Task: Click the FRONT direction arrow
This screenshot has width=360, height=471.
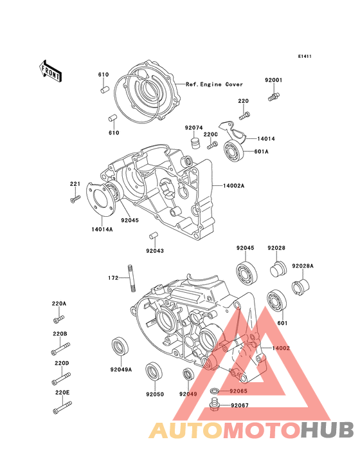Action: click(50, 71)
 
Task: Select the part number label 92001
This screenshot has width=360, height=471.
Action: click(273, 80)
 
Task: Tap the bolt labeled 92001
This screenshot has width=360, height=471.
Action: click(274, 97)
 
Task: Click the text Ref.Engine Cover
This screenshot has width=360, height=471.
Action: click(214, 84)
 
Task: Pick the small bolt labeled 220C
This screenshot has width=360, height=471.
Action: click(212, 146)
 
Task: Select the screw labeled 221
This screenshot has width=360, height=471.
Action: click(75, 199)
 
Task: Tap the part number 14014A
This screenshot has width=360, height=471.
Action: click(102, 230)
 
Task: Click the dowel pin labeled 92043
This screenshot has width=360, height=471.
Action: click(154, 236)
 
